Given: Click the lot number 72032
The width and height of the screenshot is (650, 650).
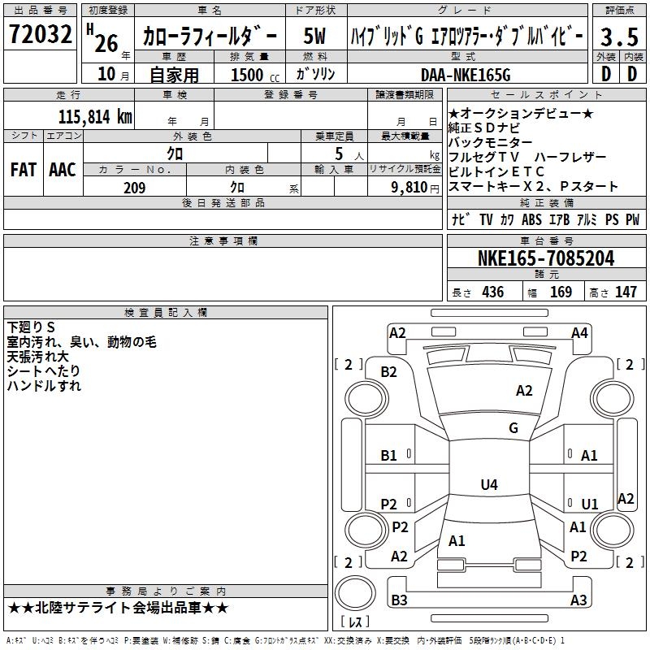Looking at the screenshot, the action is tap(40, 34).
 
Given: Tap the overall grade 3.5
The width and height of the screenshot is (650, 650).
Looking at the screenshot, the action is tap(619, 37).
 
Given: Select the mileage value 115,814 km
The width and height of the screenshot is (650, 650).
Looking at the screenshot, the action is tap(95, 117).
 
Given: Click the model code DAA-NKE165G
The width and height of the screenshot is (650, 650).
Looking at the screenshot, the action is tap(466, 75).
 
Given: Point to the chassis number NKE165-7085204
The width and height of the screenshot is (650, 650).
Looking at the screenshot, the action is tap(546, 258).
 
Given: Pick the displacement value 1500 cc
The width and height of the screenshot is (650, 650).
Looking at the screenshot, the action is tap(255, 75).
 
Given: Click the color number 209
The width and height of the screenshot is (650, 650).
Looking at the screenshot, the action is tap(134, 188).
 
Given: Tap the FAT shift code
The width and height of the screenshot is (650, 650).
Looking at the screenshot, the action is tap(24, 170).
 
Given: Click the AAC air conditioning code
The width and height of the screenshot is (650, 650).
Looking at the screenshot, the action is tap(63, 170).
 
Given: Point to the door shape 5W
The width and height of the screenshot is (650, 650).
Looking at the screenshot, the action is tap(314, 36).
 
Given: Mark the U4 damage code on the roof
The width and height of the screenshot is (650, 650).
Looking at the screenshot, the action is tap(489, 484).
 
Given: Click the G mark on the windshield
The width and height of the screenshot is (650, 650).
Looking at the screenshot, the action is tap(513, 428).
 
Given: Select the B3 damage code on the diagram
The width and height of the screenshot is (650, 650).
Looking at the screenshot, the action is tap(399, 600).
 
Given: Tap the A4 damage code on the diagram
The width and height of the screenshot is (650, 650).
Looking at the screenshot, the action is tap(579, 333).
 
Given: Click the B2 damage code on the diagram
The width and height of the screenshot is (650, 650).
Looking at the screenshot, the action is tap(389, 372).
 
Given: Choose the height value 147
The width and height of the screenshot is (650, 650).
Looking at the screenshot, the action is tap(626, 292).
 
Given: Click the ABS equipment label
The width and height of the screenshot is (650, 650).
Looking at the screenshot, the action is tap(531, 219).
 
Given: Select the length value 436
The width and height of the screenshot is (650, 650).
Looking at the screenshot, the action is tap(493, 292).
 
